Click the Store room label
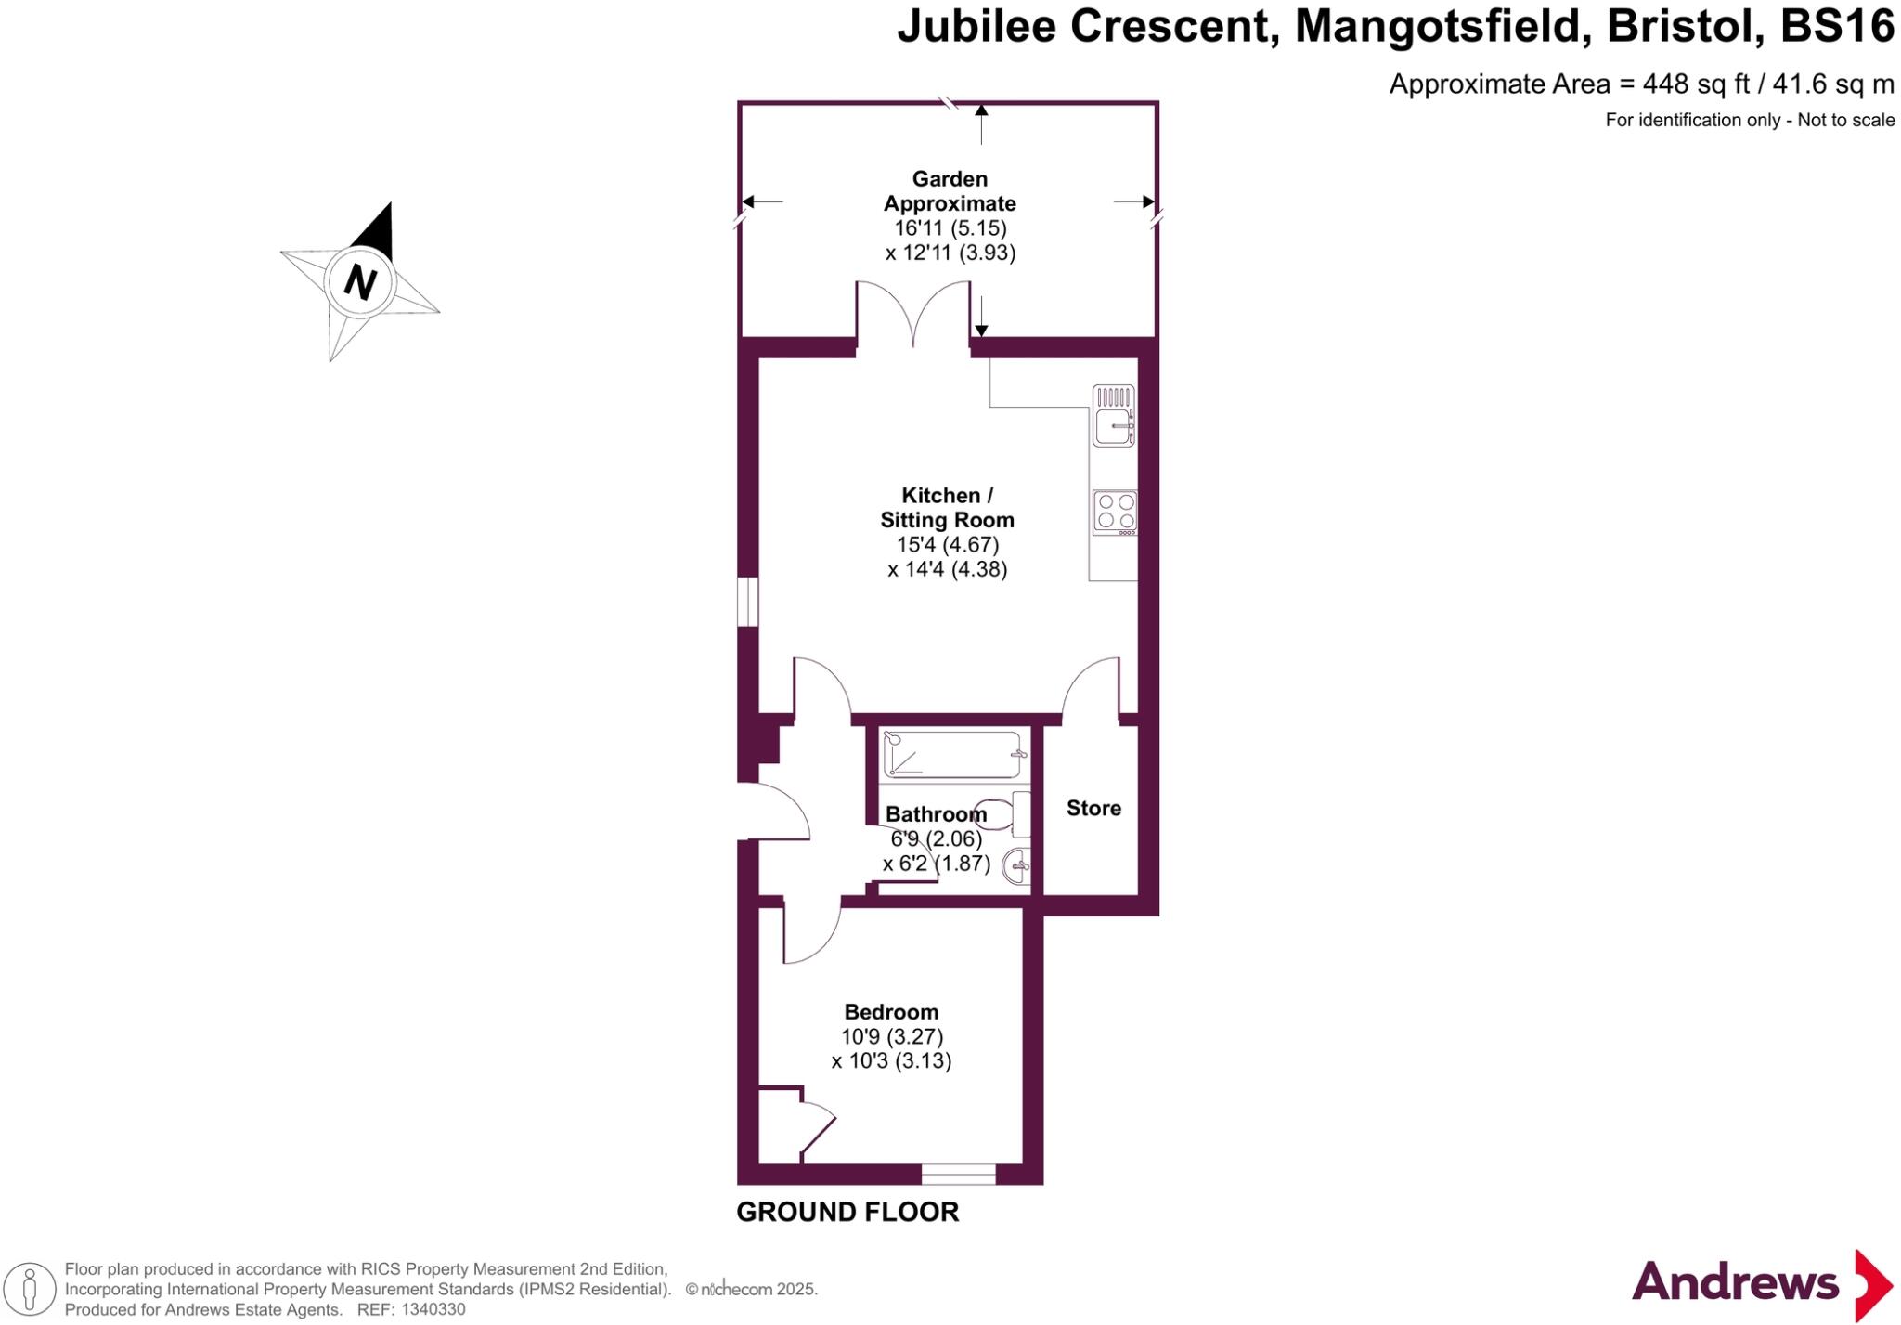(1093, 808)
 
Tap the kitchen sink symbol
(1114, 416)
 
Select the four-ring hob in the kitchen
(1115, 512)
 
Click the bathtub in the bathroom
(953, 755)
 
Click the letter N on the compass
(360, 281)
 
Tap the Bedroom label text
(891, 1012)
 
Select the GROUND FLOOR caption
(847, 1212)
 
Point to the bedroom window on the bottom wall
(958, 1175)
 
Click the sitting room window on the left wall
(748, 602)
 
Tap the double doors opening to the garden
(913, 316)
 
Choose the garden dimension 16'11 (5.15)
(950, 228)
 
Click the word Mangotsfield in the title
(1437, 26)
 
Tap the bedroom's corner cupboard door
(817, 1127)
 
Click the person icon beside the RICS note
(30, 1290)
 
